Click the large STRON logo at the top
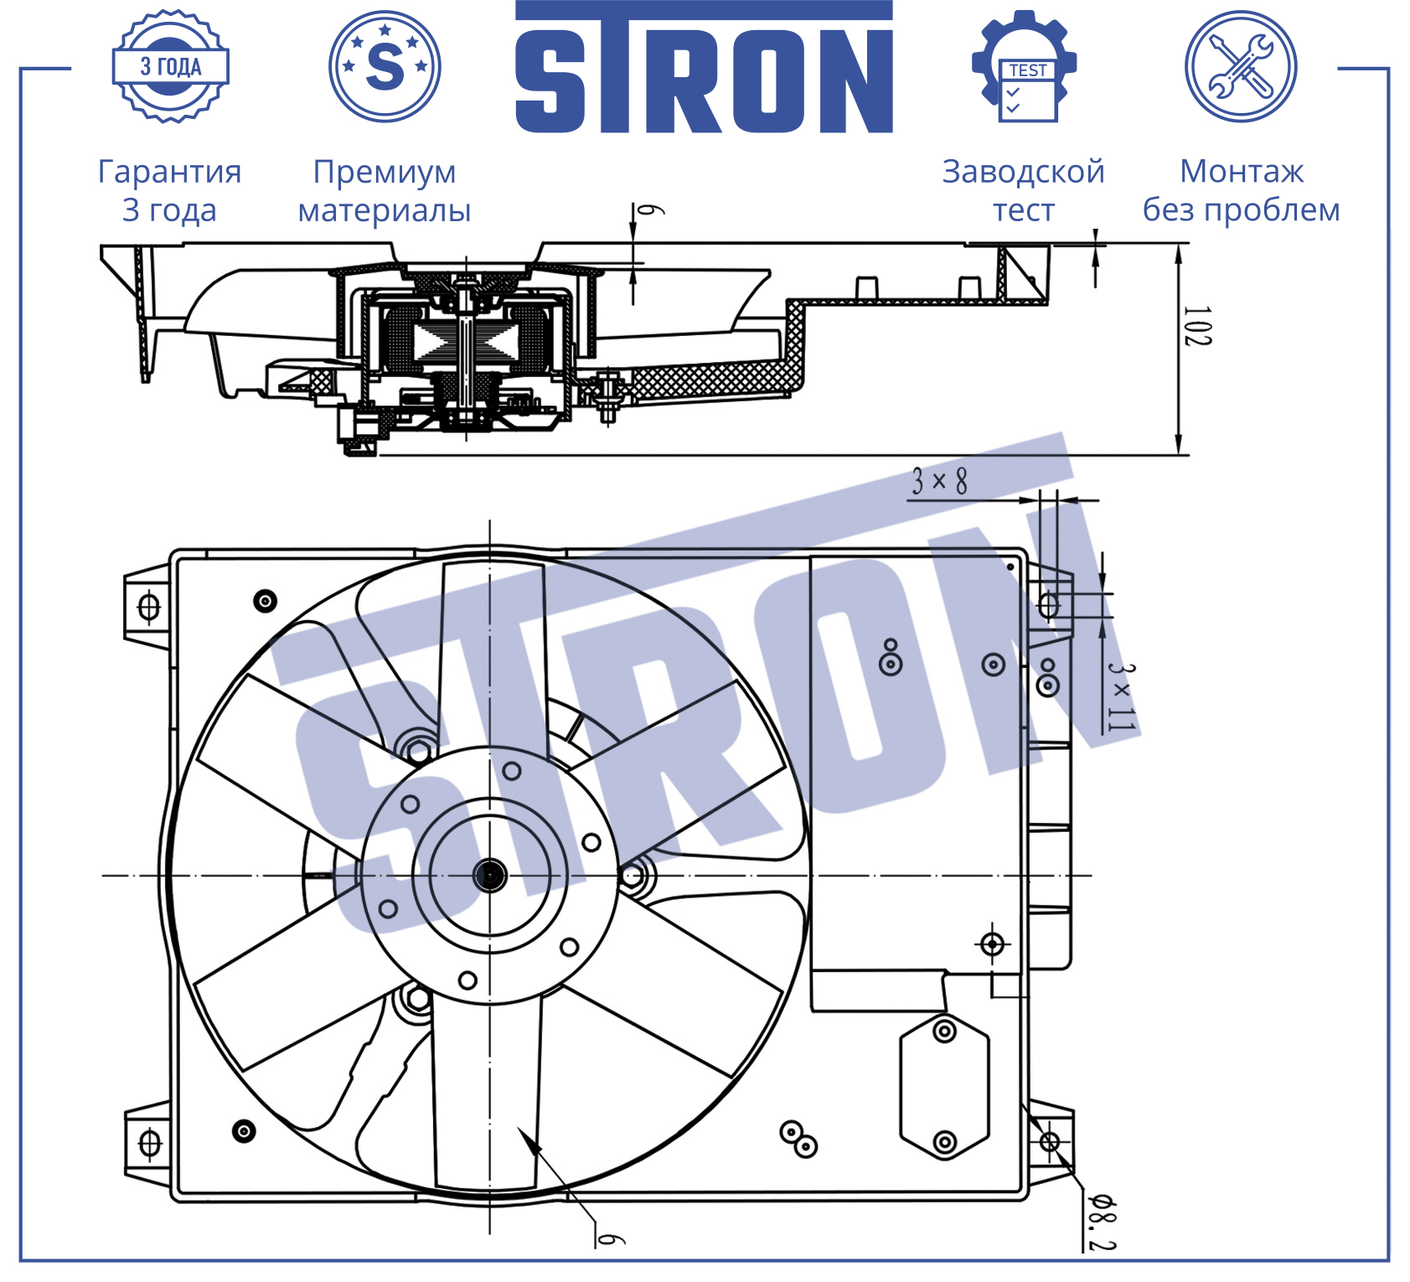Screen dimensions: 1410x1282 704,67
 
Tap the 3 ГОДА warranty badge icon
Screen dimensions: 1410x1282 171,66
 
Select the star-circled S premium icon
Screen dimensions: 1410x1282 385,66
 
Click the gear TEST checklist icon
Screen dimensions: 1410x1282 1024,66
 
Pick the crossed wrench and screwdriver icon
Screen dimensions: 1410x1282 1241,66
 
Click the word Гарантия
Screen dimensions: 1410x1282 170,172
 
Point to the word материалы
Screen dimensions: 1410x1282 385,211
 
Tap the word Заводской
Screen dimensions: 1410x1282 1024,172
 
